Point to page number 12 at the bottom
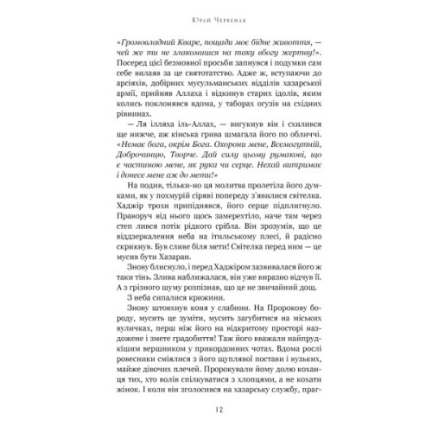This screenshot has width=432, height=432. (216, 412)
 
